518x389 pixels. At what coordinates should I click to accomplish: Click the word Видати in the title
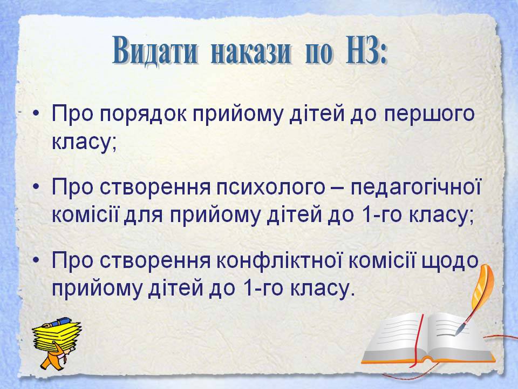[155, 51]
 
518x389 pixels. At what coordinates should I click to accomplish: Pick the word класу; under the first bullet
[84, 143]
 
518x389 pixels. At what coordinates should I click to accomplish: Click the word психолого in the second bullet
[271, 188]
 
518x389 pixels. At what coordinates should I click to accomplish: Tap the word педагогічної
[415, 187]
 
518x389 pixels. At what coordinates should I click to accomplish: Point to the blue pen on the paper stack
[59, 321]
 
